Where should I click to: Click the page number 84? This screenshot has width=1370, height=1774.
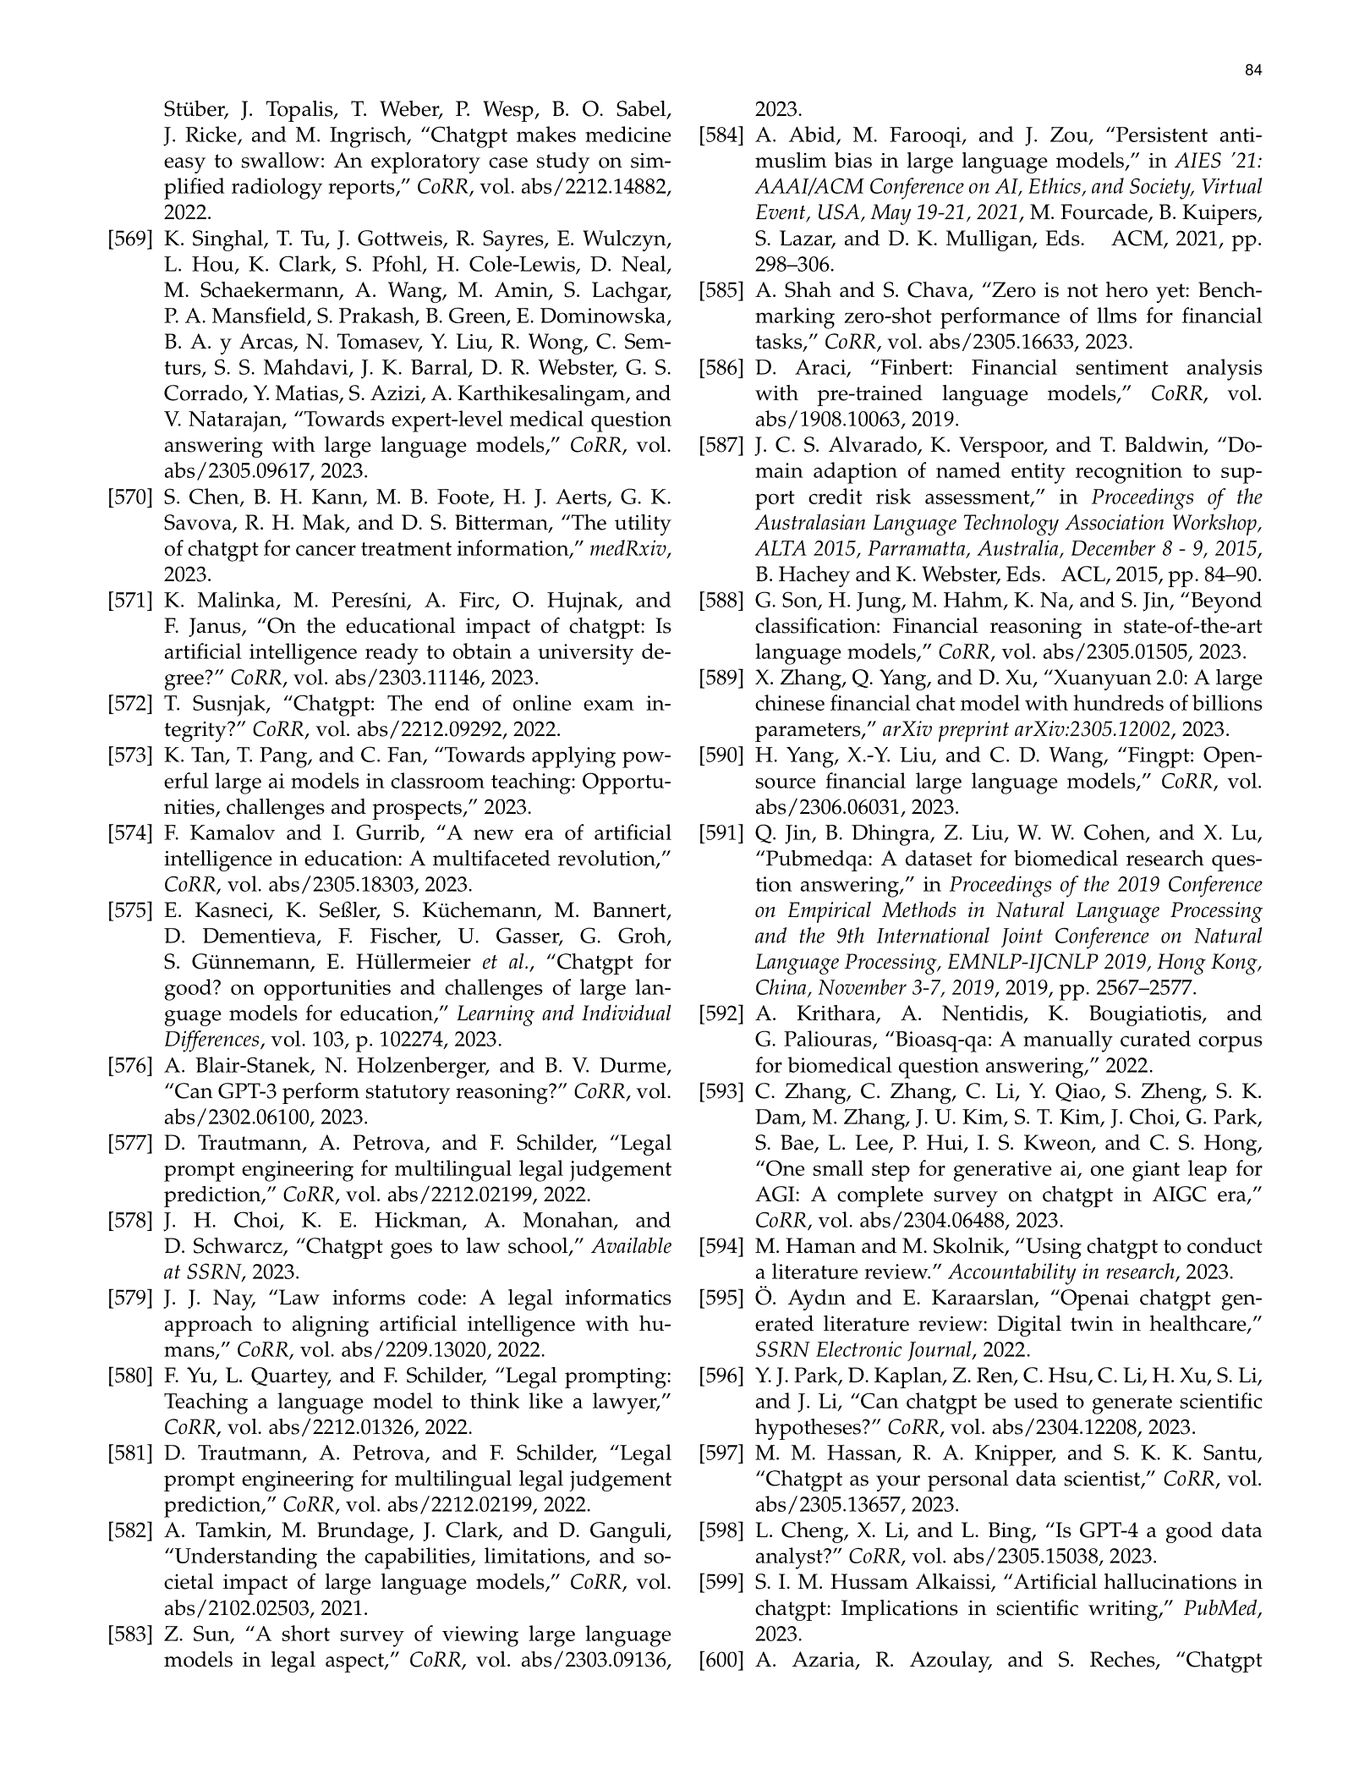tap(1253, 72)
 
